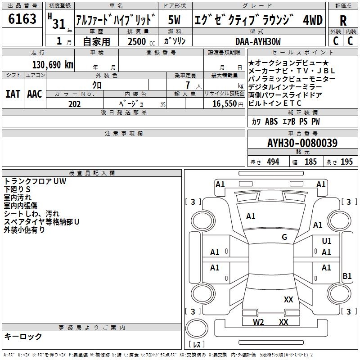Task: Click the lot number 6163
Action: (22, 20)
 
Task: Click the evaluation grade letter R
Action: (343, 21)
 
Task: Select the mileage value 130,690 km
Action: (53, 65)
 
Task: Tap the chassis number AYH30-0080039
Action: (302, 143)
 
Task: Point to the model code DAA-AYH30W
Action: (258, 41)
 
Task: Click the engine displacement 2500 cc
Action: (138, 41)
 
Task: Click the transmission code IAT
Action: (13, 94)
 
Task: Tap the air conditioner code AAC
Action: (35, 94)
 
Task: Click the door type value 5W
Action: (175, 20)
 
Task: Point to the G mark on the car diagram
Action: (284, 237)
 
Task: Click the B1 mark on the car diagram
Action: (347, 276)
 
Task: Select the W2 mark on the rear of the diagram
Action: (258, 322)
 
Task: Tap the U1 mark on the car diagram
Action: (327, 242)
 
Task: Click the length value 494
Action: (273, 162)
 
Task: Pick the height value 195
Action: (346, 162)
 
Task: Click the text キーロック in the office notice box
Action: (23, 337)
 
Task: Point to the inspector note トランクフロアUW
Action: (35, 181)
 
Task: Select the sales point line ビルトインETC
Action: (275, 103)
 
